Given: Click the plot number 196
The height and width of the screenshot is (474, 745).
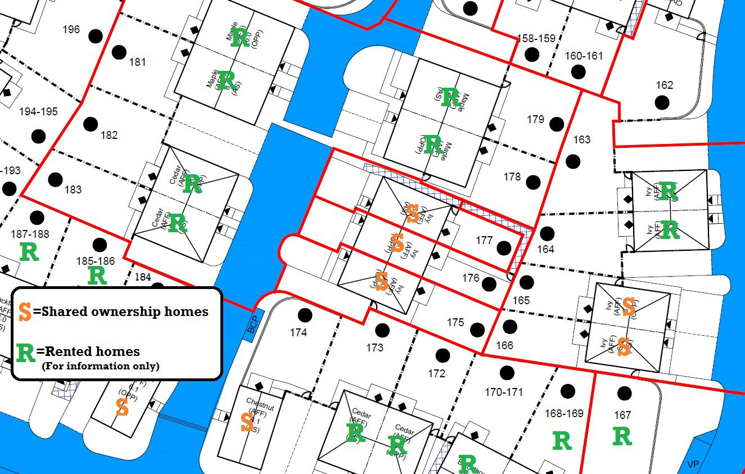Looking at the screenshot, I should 71,30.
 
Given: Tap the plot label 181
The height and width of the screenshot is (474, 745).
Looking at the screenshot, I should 137,62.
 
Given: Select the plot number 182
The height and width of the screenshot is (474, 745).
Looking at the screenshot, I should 109,135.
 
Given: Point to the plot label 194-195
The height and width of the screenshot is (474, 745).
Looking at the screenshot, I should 38,112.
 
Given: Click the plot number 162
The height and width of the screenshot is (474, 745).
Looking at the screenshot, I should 664,85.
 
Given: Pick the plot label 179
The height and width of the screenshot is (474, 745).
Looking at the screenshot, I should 535,119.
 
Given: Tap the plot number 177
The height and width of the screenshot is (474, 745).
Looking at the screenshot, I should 484,241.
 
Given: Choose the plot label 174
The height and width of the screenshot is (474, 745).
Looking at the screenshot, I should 298,332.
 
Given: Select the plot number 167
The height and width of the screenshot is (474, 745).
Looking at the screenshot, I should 622,416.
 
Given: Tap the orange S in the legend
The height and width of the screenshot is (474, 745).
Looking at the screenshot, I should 25,312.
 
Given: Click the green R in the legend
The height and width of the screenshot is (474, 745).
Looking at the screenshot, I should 26,353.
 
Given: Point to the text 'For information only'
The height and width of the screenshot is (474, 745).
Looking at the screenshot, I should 101,367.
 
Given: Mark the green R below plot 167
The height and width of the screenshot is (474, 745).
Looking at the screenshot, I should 622,437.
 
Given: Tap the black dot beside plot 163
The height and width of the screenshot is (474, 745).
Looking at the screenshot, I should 572,161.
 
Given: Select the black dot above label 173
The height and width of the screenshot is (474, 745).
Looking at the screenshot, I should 382,329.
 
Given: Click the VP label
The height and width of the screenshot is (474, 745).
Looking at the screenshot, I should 693,464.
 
